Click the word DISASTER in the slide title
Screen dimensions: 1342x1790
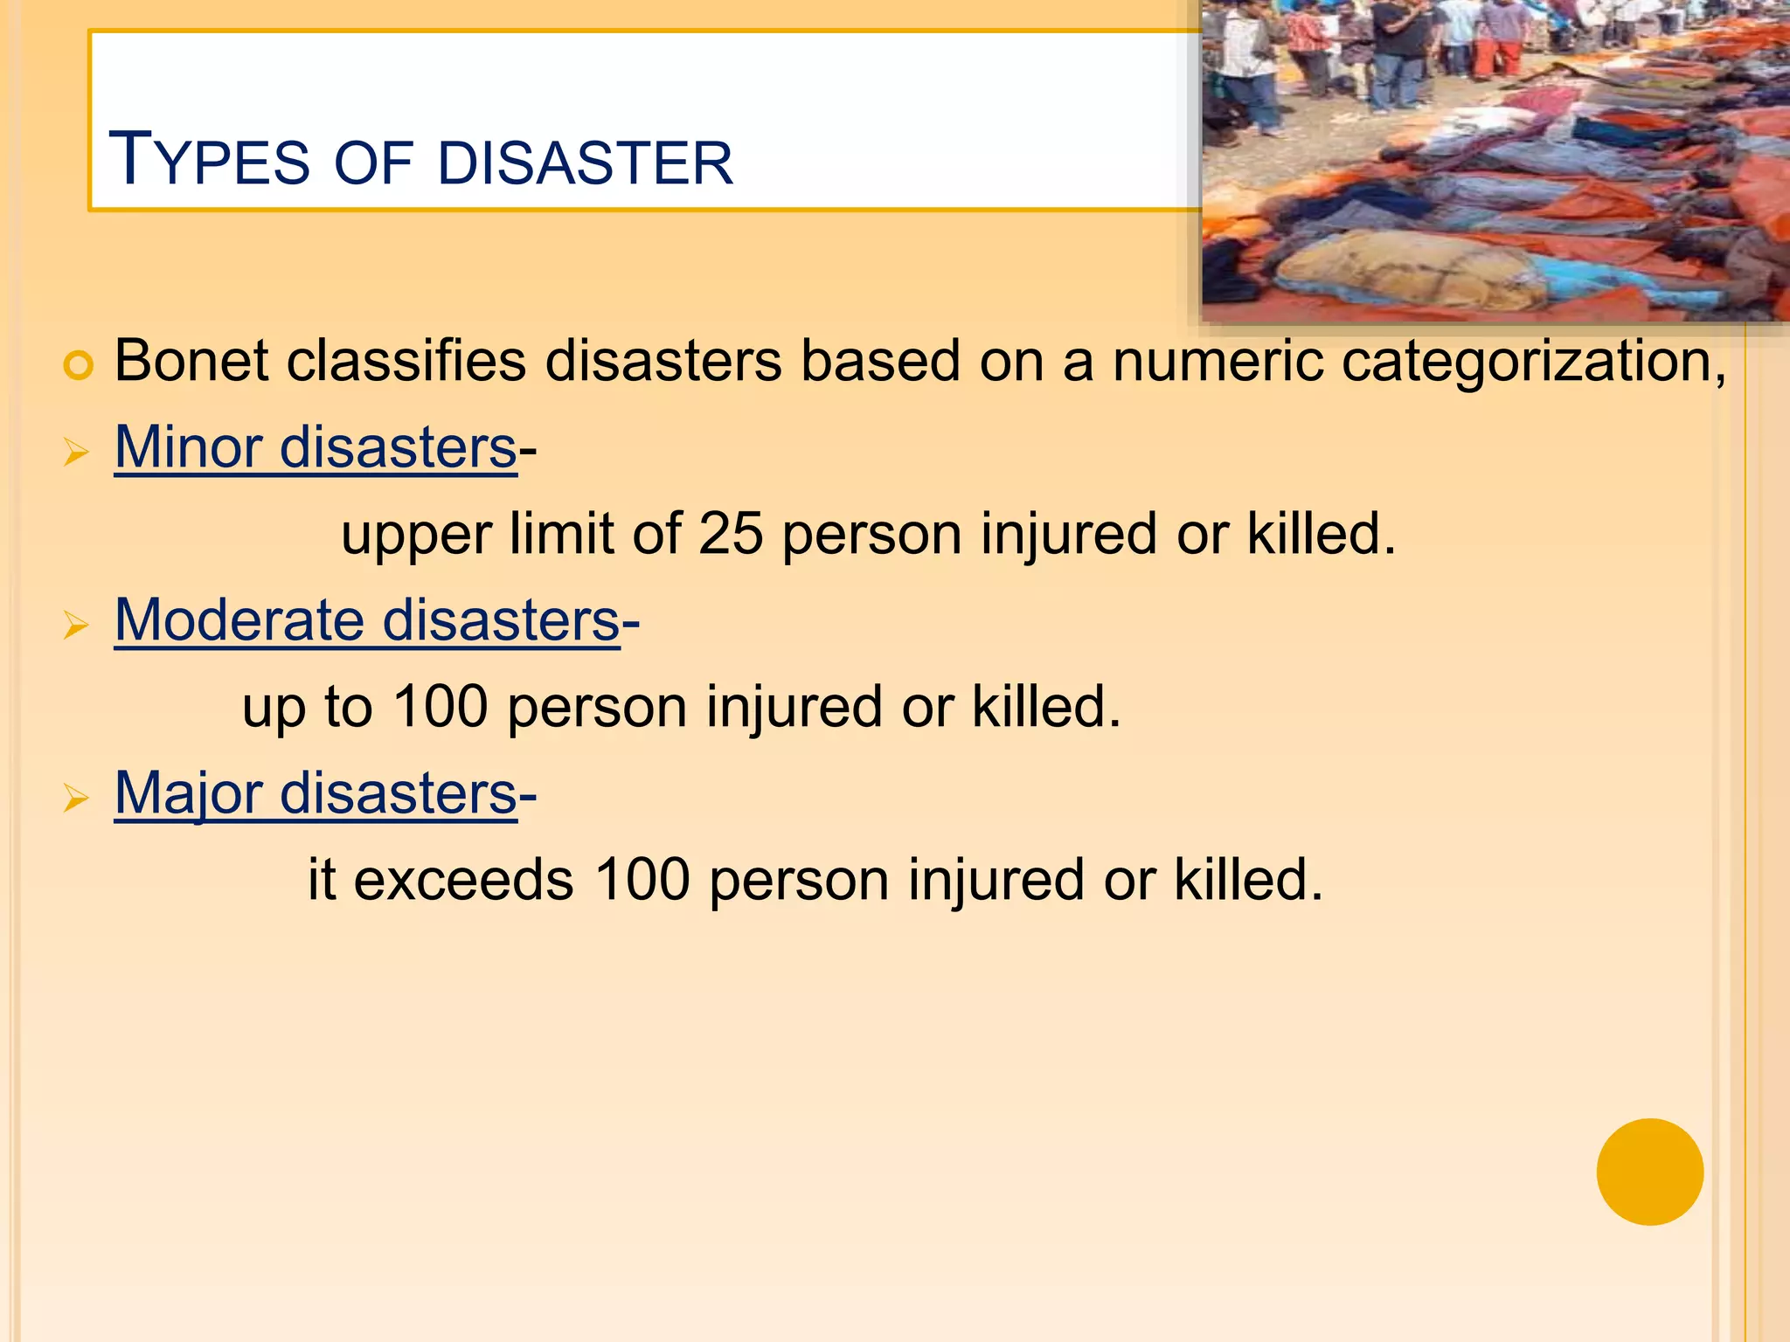586,163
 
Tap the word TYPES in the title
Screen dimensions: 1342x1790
209,160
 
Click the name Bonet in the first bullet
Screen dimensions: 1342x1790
191,360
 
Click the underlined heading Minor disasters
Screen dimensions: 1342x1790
316,447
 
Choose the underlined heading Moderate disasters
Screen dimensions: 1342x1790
367,620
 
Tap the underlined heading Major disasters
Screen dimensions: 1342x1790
316,793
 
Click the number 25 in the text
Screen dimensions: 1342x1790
731,533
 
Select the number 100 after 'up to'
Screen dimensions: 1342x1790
440,706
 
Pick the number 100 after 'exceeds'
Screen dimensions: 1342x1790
642,879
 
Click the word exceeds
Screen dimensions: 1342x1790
463,879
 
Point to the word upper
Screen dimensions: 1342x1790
416,535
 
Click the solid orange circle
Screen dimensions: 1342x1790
1649,1172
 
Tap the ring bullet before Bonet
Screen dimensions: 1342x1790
78,365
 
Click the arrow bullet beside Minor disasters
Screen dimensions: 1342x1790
77,453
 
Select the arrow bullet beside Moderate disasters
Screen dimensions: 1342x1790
77,626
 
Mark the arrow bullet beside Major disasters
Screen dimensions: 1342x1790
77,799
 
